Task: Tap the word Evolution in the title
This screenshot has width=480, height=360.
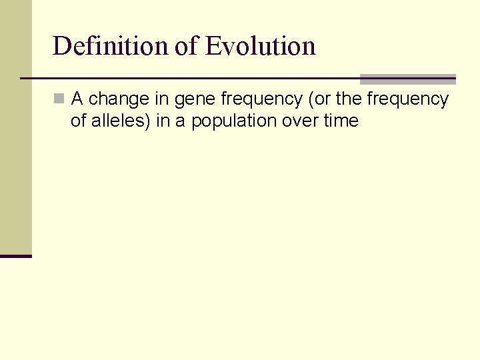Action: pos(260,46)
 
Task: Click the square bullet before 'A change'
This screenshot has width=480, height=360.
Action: pos(59,99)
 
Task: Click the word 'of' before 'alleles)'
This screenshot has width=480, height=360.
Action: pos(79,121)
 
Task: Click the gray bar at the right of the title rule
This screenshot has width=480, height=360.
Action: pos(407,79)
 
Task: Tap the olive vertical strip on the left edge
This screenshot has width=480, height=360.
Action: pos(15,127)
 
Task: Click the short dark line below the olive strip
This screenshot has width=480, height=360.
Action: pos(15,256)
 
